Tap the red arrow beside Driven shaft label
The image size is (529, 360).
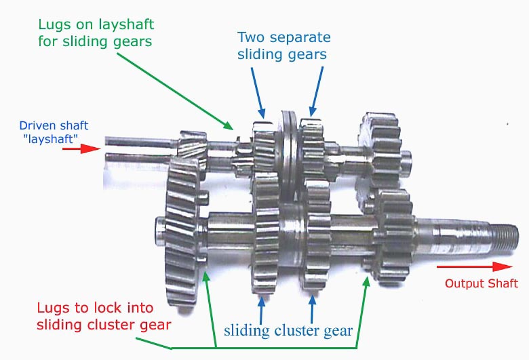pyautogui.click(x=81, y=148)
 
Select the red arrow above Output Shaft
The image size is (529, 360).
pyautogui.click(x=474, y=266)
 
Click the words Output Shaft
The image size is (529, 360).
pyautogui.click(x=482, y=283)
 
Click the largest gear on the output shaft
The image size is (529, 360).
pyautogui.click(x=182, y=233)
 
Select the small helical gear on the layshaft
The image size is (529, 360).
pyautogui.click(x=193, y=149)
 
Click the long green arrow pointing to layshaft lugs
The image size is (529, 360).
pyautogui.click(x=175, y=92)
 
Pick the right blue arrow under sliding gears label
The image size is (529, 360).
pyautogui.click(x=317, y=92)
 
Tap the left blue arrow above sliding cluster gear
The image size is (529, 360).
pyautogui.click(x=261, y=310)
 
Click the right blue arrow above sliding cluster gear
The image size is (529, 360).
pyautogui.click(x=313, y=309)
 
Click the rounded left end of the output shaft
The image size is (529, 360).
pyautogui.click(x=160, y=231)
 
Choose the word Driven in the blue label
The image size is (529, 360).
pyautogui.click(x=33, y=125)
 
